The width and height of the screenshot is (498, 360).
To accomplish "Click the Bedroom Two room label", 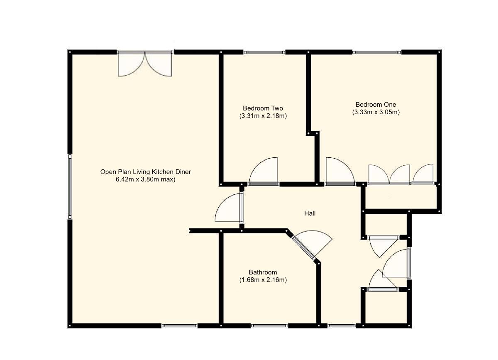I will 263,108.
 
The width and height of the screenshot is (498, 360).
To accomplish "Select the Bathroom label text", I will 263,272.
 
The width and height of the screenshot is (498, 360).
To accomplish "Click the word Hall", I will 310,213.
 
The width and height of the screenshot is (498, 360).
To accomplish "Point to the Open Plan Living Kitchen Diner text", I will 146,172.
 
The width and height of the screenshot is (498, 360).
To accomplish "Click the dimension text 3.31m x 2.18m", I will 263,116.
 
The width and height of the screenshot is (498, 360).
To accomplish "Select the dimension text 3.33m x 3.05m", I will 376,112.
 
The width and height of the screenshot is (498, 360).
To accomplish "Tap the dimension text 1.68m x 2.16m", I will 263,280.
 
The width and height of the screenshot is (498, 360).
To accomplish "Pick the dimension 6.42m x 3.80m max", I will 146,180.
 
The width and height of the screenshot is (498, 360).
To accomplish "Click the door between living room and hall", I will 229,208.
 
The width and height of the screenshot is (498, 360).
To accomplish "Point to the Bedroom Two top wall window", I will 264,52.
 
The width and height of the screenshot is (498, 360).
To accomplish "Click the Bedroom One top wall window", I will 377,52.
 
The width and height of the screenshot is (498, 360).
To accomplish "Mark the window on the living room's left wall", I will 70,186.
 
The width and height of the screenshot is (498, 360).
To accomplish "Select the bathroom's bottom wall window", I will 269,326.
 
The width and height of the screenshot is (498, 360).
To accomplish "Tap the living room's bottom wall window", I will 179,326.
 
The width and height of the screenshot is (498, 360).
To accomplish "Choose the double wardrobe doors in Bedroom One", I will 389,174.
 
